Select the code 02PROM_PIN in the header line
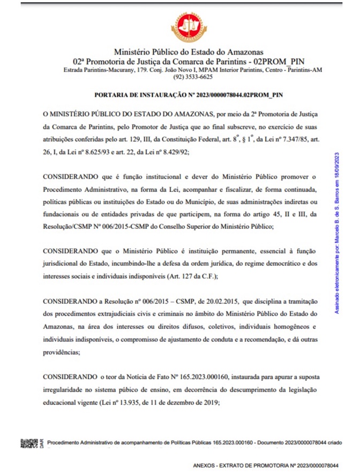275,61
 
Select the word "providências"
61,352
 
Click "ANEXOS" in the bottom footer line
207,465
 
